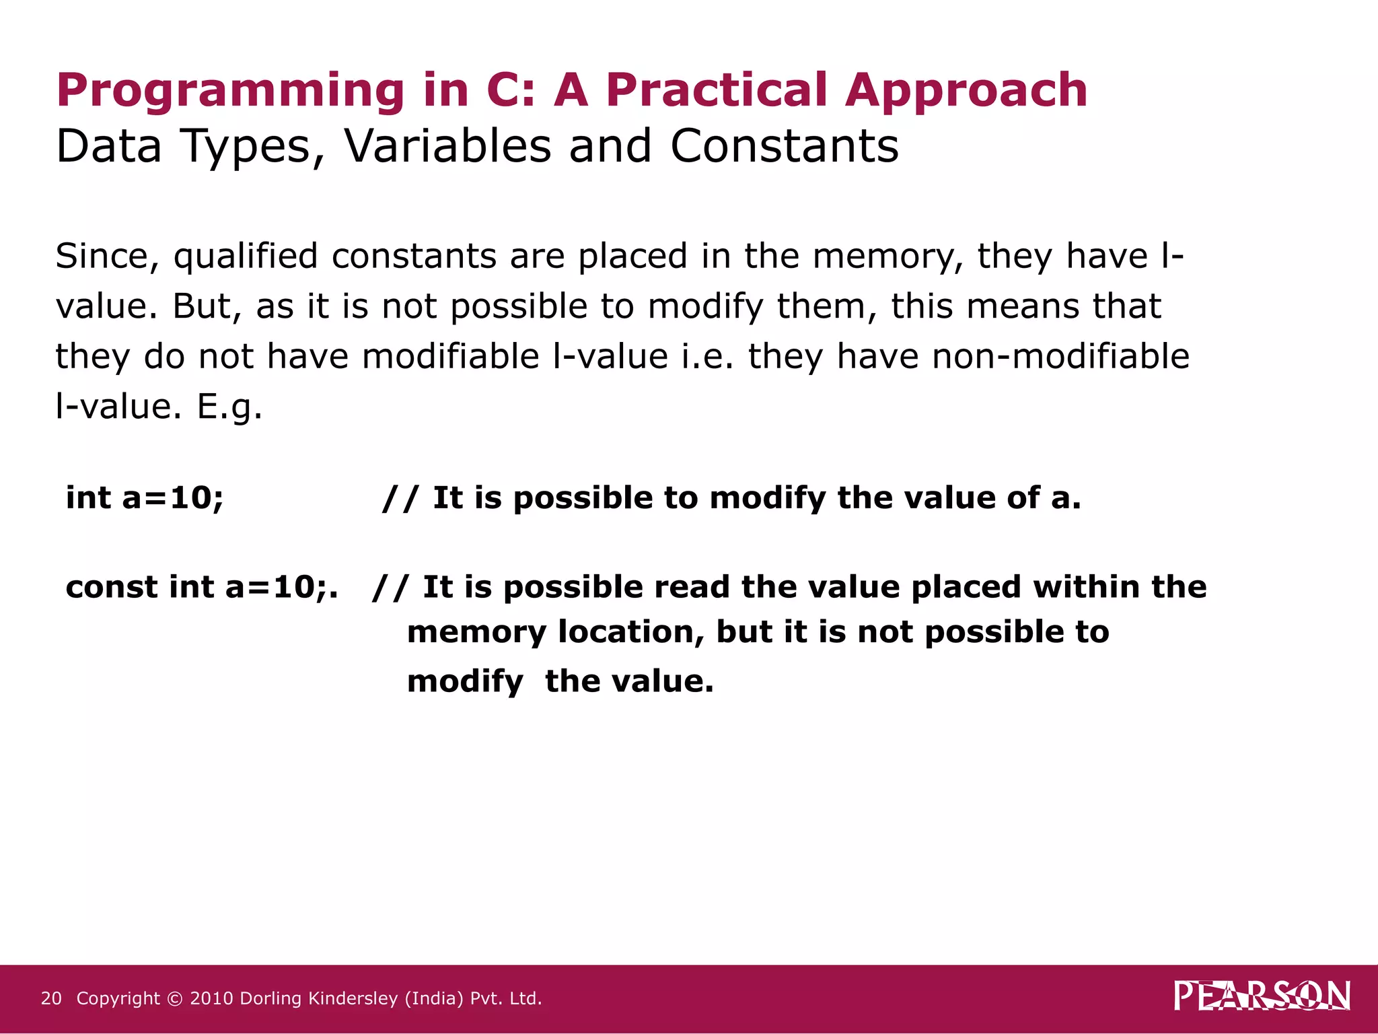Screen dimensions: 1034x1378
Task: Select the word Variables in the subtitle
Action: point(447,146)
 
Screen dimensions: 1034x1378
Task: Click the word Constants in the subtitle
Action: point(784,146)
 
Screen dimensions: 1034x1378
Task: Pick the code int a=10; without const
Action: point(145,498)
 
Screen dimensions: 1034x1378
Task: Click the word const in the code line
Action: point(112,587)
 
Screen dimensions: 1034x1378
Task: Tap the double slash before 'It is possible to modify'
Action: point(400,499)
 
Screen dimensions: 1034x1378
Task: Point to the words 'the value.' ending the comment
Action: point(629,681)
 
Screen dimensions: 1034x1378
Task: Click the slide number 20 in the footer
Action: point(51,998)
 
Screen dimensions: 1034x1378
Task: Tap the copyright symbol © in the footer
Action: point(175,999)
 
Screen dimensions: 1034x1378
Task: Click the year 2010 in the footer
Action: point(211,998)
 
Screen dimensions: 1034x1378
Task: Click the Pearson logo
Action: point(1262,996)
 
